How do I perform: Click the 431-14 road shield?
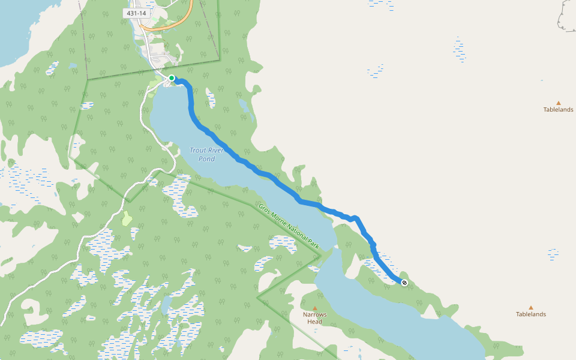(x=137, y=13)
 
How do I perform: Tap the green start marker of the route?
(x=172, y=78)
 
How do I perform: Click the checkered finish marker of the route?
(x=404, y=282)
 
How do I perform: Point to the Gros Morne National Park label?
(x=289, y=226)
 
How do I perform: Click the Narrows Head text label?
(x=314, y=318)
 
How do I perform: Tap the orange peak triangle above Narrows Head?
(x=314, y=308)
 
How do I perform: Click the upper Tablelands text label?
(x=558, y=110)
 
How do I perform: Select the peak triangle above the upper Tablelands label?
(x=558, y=103)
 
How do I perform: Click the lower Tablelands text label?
(x=531, y=314)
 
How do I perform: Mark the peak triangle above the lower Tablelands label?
(x=531, y=307)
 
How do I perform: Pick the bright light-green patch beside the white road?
(x=127, y=218)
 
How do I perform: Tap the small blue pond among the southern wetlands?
(x=166, y=304)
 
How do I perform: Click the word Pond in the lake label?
(x=206, y=159)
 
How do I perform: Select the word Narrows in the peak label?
(x=314, y=314)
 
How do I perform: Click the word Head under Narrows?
(x=314, y=322)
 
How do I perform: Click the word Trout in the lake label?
(x=197, y=150)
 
